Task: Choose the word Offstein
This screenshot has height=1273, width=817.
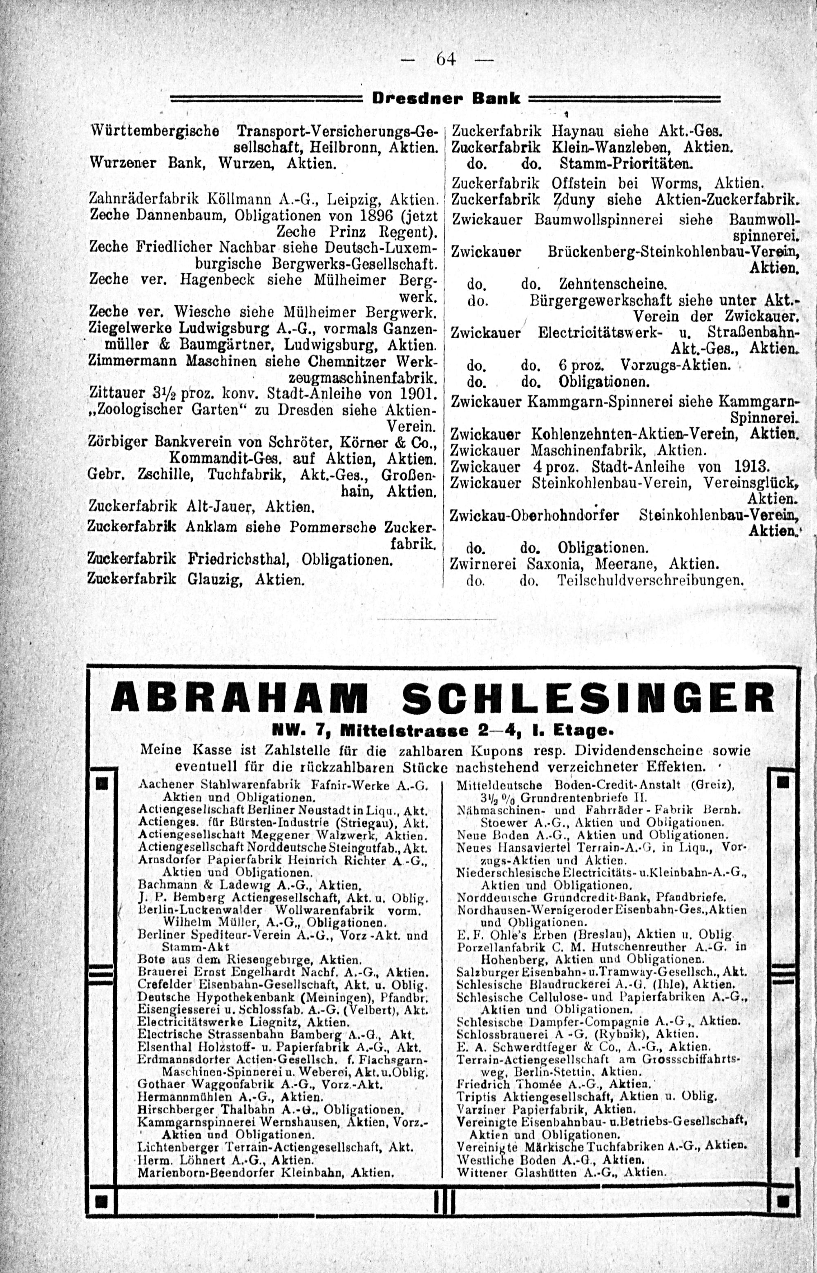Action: pos(579,183)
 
